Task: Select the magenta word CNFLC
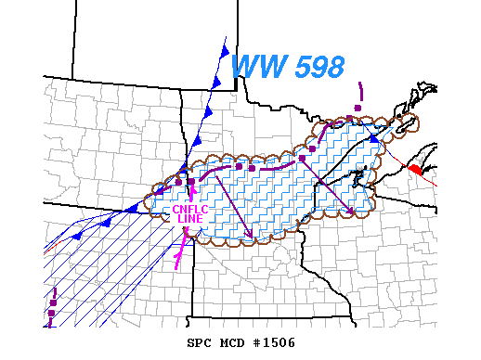190,209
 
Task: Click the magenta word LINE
190,218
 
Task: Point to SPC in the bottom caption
200,342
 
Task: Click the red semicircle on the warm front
414,170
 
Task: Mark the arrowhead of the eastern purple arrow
350,212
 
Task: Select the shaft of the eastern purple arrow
327,186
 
